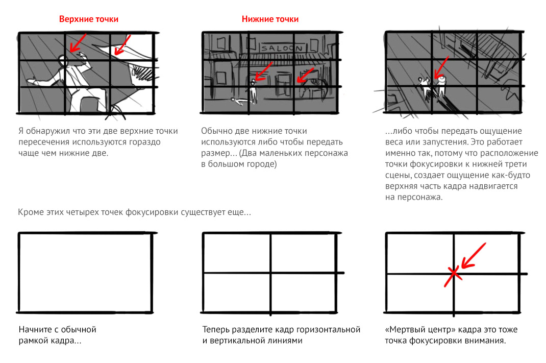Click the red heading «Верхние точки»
click(x=88, y=19)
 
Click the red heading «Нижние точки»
click(x=270, y=19)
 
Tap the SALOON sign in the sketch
click(x=282, y=47)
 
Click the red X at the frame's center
click(x=453, y=276)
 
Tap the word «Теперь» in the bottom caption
click(x=216, y=329)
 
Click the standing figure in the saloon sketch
click(x=253, y=92)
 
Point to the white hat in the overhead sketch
click(x=441, y=80)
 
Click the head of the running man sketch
click(x=63, y=60)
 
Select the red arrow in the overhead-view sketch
click(x=441, y=67)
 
